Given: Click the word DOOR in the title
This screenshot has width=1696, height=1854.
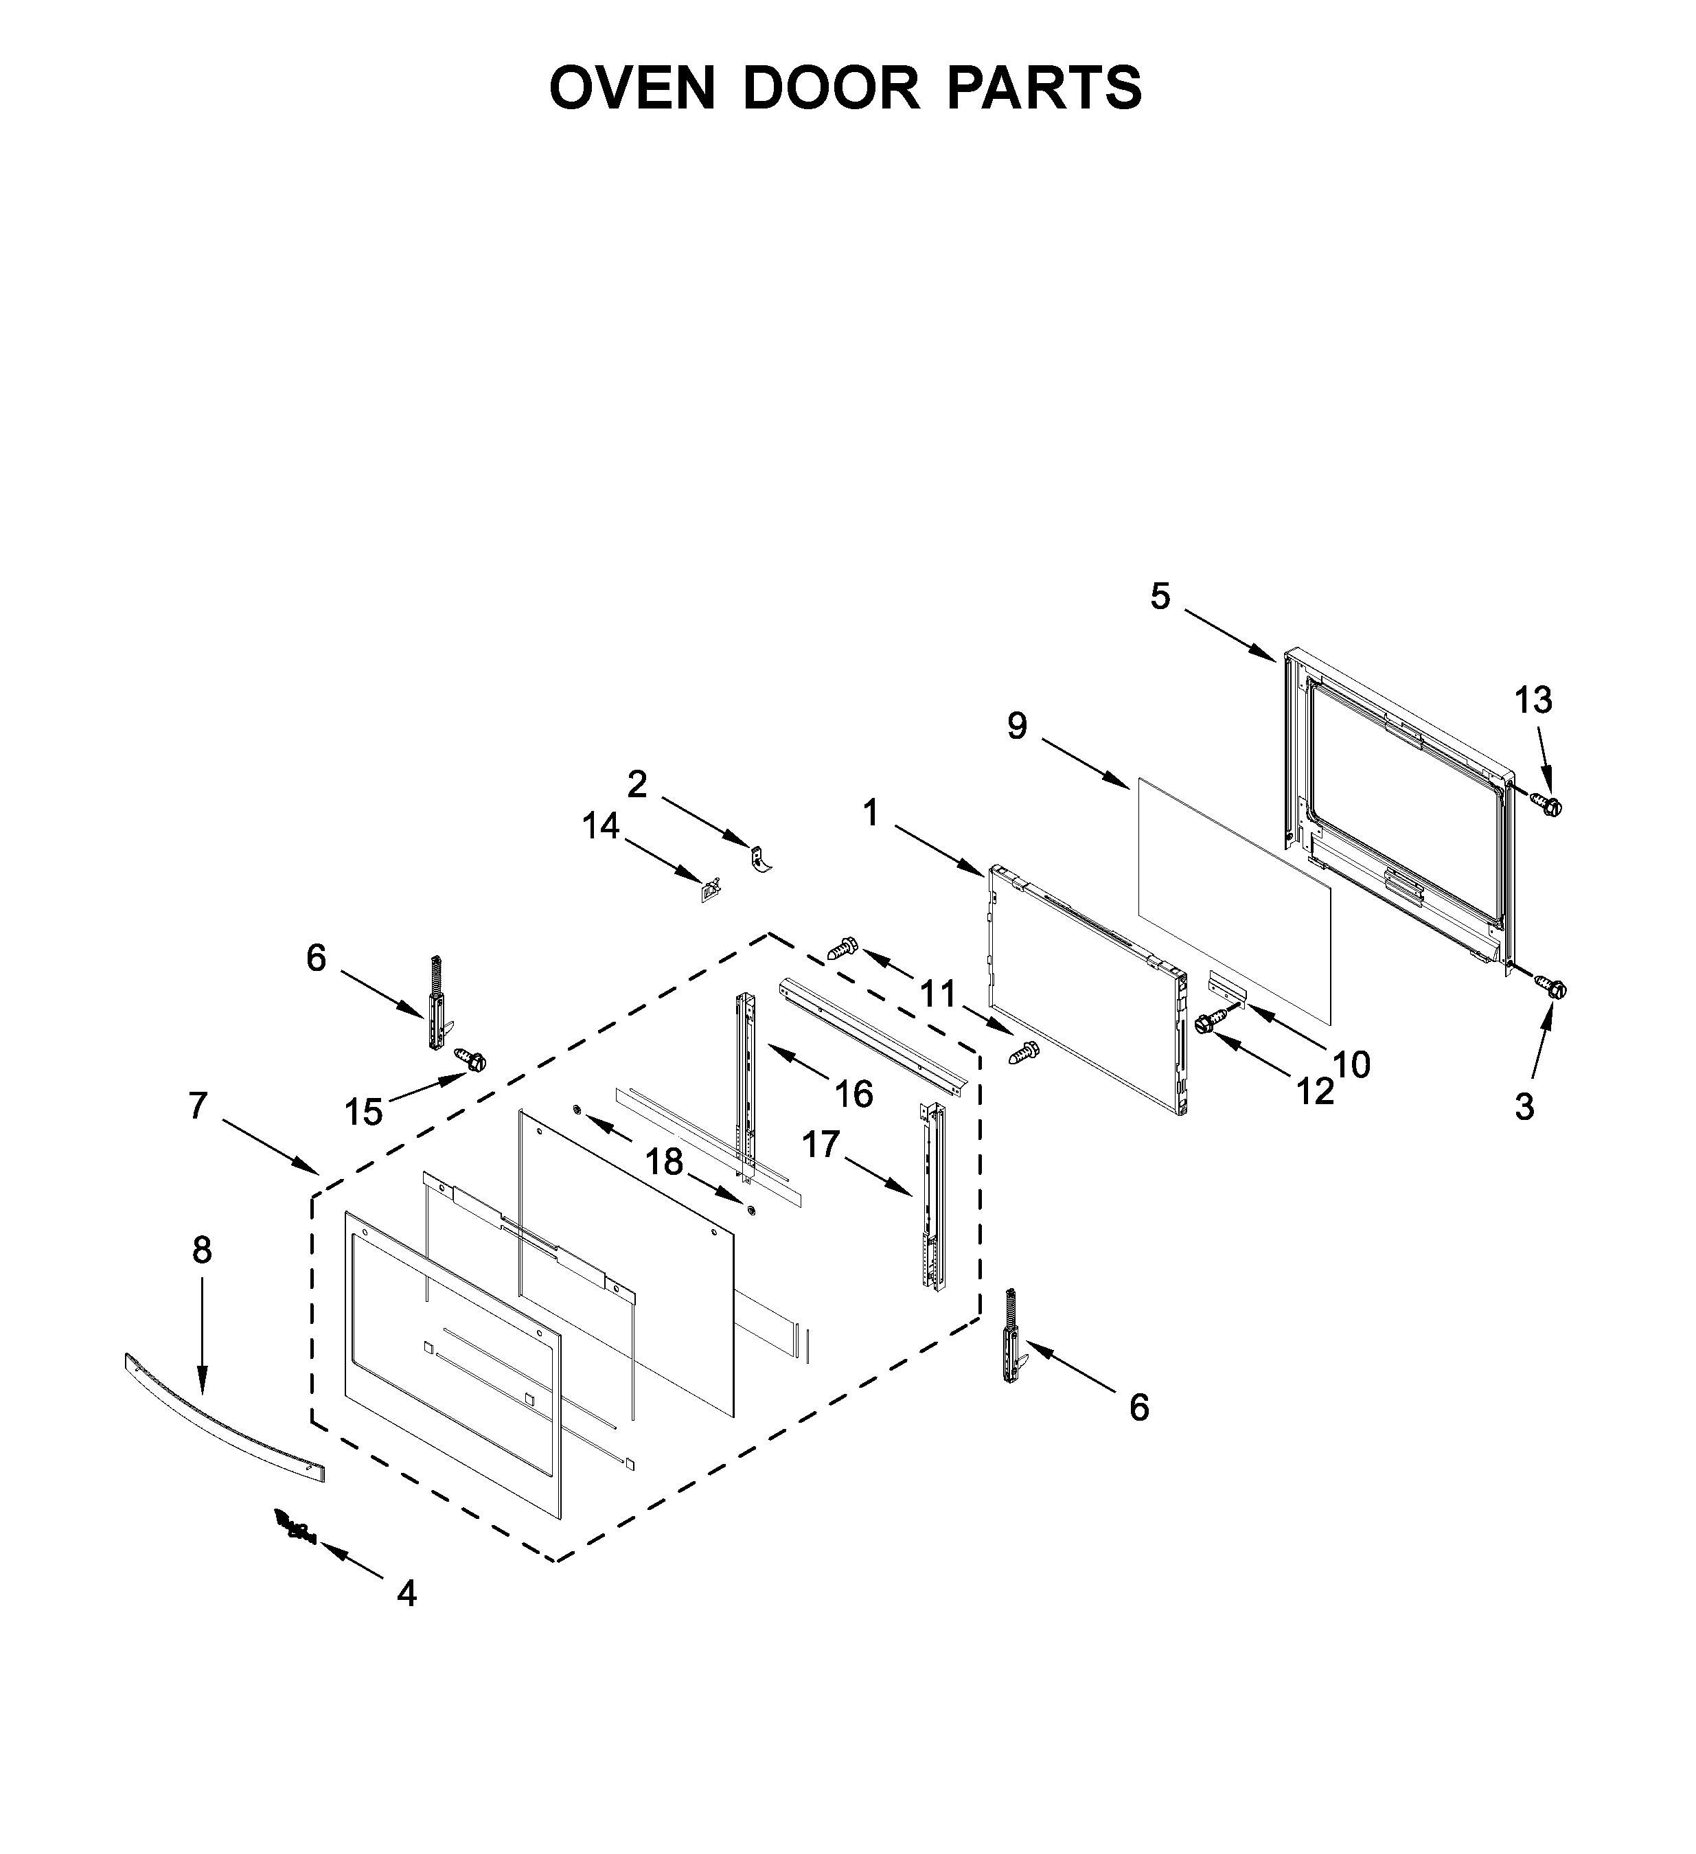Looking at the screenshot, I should coord(829,89).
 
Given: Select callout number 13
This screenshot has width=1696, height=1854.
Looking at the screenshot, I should coord(1533,701).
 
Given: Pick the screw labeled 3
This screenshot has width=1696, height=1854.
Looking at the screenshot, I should coord(1552,989).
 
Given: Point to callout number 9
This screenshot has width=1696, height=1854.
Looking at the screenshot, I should coord(1016,726).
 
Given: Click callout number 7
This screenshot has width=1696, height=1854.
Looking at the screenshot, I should coord(198,1106).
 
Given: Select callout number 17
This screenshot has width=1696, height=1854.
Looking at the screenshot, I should coord(821,1145).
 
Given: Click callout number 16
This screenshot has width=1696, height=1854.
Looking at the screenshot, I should coord(853,1095).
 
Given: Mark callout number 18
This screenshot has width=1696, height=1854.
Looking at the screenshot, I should coord(664,1163).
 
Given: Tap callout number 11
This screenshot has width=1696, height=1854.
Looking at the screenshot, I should coord(938,995).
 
